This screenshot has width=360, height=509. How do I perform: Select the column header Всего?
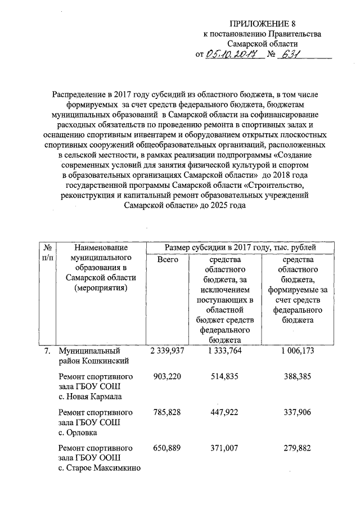point(168,259)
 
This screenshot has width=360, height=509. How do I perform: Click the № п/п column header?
point(48,253)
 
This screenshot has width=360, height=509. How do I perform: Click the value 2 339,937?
point(168,351)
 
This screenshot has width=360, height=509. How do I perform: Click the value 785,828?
point(168,412)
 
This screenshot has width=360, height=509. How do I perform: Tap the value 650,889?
point(168,448)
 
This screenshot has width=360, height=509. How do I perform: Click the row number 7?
point(48,351)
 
